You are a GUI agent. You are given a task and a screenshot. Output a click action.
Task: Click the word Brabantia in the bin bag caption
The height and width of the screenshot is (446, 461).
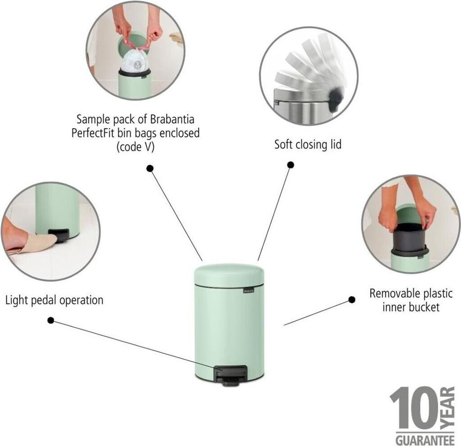tap(172, 119)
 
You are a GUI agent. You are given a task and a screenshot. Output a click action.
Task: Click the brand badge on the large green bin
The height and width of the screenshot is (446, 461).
tap(249, 290)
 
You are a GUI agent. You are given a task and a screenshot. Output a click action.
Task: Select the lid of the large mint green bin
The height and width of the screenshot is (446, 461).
tap(229, 275)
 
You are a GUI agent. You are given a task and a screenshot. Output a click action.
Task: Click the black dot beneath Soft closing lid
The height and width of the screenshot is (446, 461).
tap(290, 165)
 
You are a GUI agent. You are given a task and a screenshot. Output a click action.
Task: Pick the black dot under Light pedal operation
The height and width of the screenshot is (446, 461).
tap(50, 320)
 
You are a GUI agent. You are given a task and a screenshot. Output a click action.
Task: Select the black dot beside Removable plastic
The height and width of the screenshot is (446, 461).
tap(352, 300)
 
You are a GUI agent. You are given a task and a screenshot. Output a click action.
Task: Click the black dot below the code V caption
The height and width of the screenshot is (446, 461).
tap(150, 168)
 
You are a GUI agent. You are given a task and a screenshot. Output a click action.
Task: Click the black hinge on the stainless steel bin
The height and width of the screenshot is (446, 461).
tap(336, 100)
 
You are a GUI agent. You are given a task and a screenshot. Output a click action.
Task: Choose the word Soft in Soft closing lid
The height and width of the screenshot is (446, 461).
tap(284, 144)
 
